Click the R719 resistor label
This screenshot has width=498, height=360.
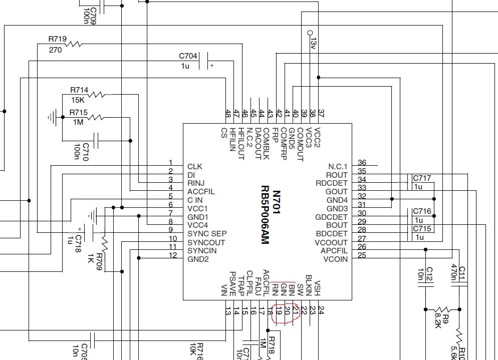point(58,39)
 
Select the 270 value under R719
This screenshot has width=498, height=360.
point(55,50)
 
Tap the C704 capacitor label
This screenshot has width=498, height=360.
point(188,56)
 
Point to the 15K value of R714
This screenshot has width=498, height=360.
point(78,100)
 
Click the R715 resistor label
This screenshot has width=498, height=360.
point(79,112)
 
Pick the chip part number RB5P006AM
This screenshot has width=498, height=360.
point(265,215)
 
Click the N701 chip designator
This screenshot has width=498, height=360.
point(277,202)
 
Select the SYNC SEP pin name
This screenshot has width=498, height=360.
point(207,234)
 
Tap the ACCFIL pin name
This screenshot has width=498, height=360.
point(201,192)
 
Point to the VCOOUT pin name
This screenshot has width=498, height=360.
point(331,242)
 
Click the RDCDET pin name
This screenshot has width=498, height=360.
point(332,183)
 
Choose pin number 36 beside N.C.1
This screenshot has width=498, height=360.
point(362,163)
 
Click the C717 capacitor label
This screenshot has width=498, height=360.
point(422,178)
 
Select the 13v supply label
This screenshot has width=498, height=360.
point(314,44)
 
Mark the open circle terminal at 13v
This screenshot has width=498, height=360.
point(310,33)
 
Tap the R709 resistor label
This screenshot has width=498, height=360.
point(99,261)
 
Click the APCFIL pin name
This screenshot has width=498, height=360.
point(334,251)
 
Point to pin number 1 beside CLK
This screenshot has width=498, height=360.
point(170,163)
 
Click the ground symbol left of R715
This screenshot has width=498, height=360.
point(53,117)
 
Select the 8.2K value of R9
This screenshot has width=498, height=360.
point(438,321)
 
